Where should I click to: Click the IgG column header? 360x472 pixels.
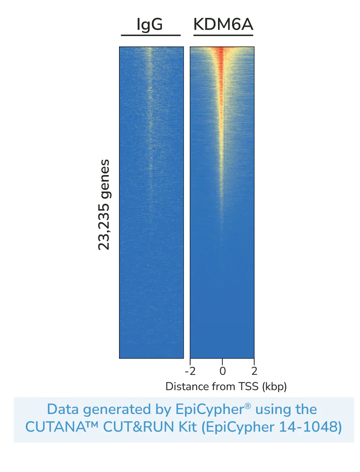pos(150,24)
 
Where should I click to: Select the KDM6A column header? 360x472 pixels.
pos(223,24)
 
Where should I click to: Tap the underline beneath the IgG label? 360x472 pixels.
pos(150,35)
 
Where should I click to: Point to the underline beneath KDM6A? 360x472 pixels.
pos(223,35)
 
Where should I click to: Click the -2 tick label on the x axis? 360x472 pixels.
pos(189,371)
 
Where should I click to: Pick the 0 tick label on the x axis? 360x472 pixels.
pos(222,371)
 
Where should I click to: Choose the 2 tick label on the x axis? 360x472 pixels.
pos(254,371)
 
